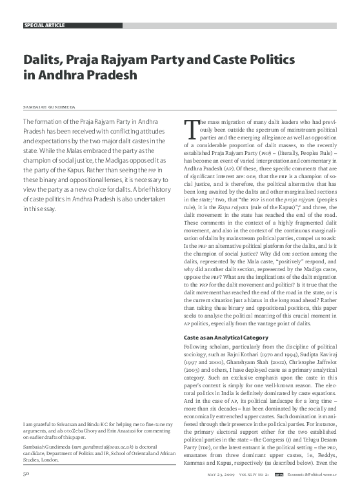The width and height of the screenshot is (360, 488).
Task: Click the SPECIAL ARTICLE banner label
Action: [x=44, y=25]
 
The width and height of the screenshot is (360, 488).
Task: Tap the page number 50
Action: [x=26, y=475]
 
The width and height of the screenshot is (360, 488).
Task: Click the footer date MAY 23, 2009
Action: [x=223, y=476]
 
